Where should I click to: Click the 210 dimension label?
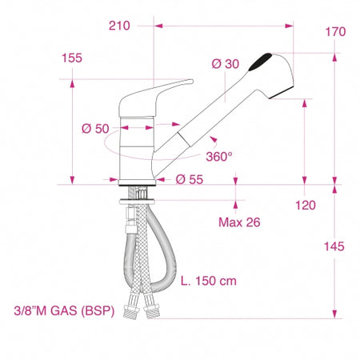tap(119, 26)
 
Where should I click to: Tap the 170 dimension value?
tap(335, 32)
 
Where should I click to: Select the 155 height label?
tap(72, 58)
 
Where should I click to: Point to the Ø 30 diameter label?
tap(226, 64)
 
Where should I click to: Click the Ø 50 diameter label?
tap(95, 129)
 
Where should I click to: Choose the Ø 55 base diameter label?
tap(190, 179)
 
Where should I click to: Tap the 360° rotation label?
tap(219, 157)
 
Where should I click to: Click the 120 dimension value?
tap(306, 206)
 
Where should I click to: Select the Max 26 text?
tap(239, 222)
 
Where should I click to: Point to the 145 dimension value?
tap(334, 246)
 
